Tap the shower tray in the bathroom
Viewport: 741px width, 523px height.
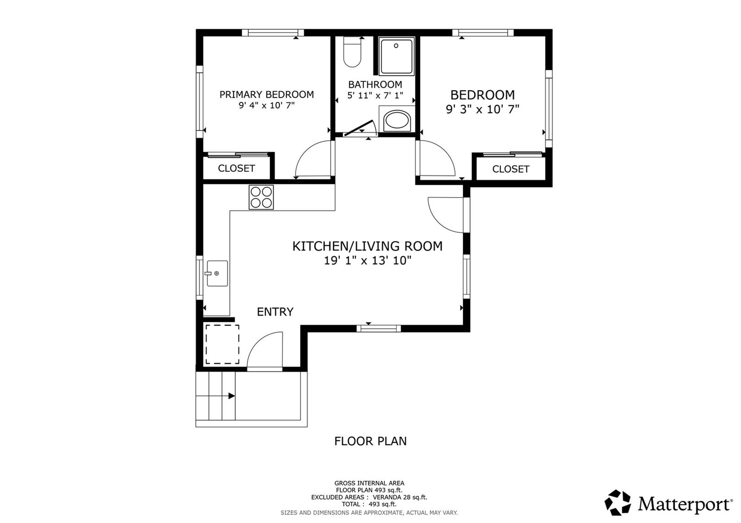coord(396,56)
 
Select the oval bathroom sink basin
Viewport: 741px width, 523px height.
coord(397,120)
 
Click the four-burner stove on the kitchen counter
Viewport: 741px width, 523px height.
coord(261,197)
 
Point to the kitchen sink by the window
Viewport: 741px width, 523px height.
coord(217,273)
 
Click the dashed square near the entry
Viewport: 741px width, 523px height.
coord(222,344)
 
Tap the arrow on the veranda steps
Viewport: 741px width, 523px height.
coord(232,396)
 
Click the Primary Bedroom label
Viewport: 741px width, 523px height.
coord(267,94)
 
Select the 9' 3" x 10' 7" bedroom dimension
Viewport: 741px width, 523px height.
coord(483,109)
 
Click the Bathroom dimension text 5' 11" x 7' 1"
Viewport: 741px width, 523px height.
coord(375,95)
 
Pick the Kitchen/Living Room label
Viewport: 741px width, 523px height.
coord(368,246)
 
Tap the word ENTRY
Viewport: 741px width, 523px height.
coord(275,312)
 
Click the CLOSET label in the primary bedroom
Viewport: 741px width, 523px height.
coord(237,168)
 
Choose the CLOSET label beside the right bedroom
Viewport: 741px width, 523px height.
coord(511,169)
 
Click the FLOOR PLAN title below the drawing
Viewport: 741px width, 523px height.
coord(370,441)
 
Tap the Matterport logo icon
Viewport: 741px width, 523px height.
coord(618,503)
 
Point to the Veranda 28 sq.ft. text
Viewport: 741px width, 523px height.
coord(400,497)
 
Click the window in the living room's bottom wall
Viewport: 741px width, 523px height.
coord(379,329)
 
